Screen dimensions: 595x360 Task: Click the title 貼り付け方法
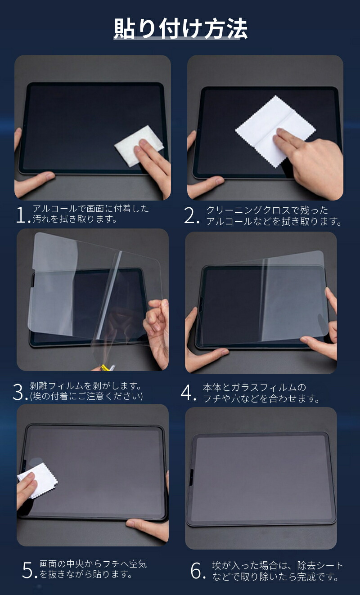[180, 30]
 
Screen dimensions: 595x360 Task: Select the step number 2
[191, 216]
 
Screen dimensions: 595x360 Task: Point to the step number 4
[188, 393]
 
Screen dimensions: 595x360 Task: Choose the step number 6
[197, 571]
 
